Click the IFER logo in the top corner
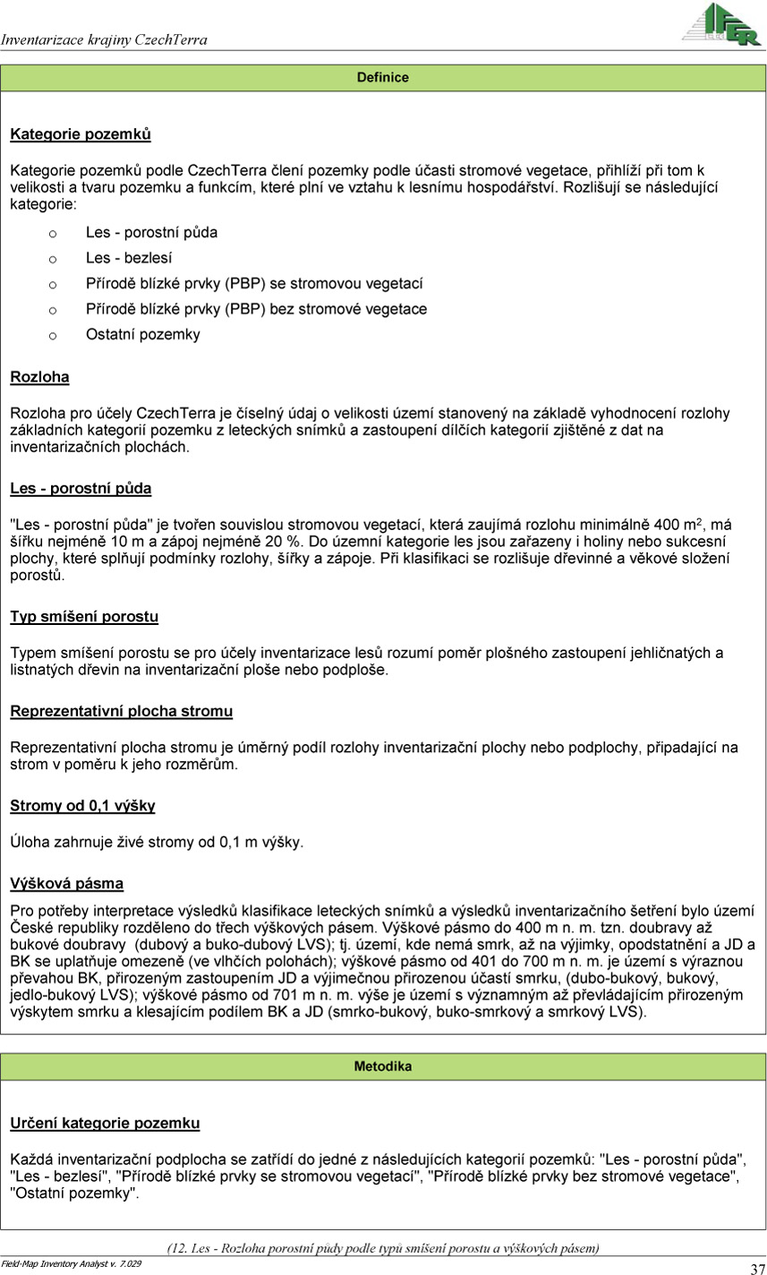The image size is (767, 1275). pyautogui.click(x=721, y=24)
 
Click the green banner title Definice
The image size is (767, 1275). pyautogui.click(x=382, y=78)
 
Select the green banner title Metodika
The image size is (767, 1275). pyautogui.click(x=382, y=1066)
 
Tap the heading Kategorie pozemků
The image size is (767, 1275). pyautogui.click(x=81, y=135)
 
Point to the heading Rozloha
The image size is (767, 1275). pyautogui.click(x=39, y=378)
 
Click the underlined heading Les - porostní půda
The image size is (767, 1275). pyautogui.click(x=81, y=489)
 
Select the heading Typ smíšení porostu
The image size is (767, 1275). pyautogui.click(x=84, y=617)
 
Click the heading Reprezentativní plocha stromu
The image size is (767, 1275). pyautogui.click(x=121, y=712)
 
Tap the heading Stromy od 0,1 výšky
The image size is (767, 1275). pyautogui.click(x=82, y=807)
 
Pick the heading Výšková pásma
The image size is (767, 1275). pyautogui.click(x=66, y=884)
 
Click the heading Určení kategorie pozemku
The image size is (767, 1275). pyautogui.click(x=105, y=1124)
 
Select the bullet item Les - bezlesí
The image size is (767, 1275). pyautogui.click(x=129, y=258)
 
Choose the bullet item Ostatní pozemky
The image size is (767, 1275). pyautogui.click(x=143, y=335)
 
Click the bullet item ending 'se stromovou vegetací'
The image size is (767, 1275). pyautogui.click(x=254, y=284)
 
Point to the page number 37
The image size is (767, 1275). pyautogui.click(x=756, y=1267)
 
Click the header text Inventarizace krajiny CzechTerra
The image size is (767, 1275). pyautogui.click(x=104, y=40)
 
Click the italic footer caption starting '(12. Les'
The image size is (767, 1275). pyautogui.click(x=383, y=1248)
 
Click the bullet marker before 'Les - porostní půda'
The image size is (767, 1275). pyautogui.click(x=53, y=233)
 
